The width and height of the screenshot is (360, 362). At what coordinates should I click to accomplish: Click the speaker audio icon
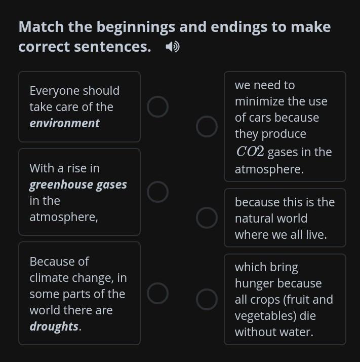[x=173, y=47]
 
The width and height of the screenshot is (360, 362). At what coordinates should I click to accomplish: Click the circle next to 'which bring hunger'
[x=207, y=290]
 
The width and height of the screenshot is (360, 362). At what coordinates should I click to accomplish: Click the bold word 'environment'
[x=65, y=123]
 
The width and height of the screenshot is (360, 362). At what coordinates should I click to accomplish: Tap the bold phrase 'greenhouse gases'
[x=78, y=185]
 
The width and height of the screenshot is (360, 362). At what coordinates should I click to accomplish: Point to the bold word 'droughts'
[x=54, y=327]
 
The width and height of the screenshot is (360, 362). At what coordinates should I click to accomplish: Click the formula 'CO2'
[x=250, y=152]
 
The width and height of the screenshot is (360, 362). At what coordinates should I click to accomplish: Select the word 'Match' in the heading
[x=41, y=27]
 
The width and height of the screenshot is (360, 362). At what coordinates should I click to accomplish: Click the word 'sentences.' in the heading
[x=112, y=47]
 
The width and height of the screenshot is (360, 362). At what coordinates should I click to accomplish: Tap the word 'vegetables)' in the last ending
[x=265, y=316]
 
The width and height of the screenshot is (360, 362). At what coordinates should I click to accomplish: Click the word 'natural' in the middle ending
[x=271, y=219]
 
